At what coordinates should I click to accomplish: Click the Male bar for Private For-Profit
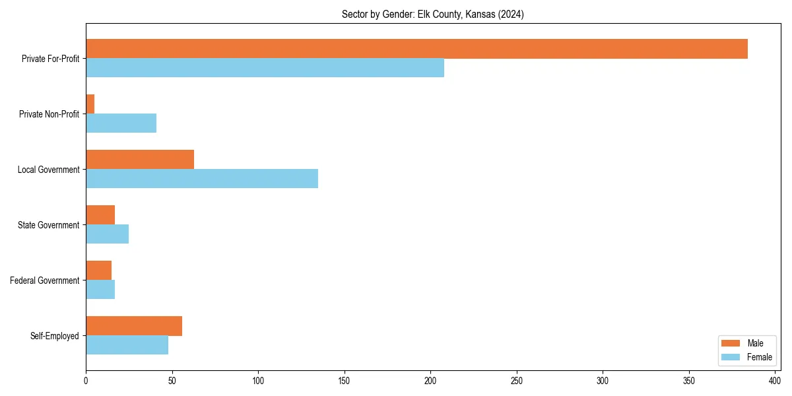[416, 49]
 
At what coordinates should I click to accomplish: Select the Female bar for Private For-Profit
[265, 68]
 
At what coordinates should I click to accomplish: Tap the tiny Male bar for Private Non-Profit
[90, 104]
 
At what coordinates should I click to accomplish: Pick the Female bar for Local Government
[202, 179]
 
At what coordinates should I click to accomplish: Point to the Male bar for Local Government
[140, 160]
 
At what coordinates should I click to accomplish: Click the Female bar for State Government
[107, 234]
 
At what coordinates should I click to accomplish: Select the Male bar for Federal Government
[98, 271]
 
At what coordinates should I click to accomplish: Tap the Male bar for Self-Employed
[134, 326]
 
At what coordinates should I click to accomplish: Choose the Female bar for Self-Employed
[127, 345]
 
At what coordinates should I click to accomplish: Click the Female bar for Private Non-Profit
[121, 123]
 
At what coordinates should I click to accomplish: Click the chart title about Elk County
[432, 15]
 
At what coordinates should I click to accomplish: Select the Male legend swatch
[731, 343]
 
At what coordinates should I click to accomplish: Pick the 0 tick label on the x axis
[86, 381]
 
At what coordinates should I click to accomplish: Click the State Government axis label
[49, 225]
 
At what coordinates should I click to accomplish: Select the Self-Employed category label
[55, 336]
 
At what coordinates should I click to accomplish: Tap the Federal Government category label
[45, 280]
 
